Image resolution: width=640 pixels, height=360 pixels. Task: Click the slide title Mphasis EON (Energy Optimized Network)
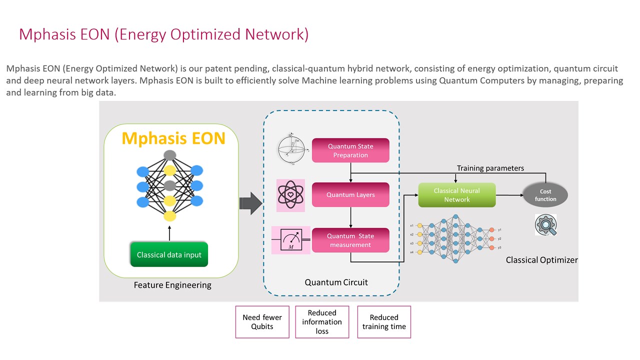[x=163, y=34]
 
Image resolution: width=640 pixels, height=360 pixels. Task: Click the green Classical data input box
[x=169, y=254]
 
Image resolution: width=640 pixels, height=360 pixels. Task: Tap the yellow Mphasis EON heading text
[x=173, y=138]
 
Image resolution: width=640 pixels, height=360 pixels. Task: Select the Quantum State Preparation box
[x=350, y=150]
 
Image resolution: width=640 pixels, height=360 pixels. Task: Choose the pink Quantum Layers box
[x=350, y=194]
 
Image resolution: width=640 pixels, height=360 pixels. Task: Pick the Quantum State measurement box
[x=350, y=240]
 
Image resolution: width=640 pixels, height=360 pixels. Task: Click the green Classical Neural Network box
[x=456, y=195]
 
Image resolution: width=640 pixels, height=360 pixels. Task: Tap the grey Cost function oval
[x=545, y=195]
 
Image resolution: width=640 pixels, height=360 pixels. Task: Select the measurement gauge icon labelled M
[x=290, y=240]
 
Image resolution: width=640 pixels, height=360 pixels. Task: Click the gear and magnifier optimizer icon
[x=545, y=225]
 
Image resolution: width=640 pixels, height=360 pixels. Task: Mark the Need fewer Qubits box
[x=262, y=322]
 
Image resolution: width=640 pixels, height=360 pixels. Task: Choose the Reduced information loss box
[x=322, y=322]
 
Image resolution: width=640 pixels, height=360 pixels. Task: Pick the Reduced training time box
[x=384, y=322]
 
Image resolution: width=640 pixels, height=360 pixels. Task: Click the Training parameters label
[x=490, y=168]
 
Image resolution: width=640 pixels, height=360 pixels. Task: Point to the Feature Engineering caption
[x=172, y=285]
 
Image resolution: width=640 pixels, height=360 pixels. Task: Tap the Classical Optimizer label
[x=541, y=260]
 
